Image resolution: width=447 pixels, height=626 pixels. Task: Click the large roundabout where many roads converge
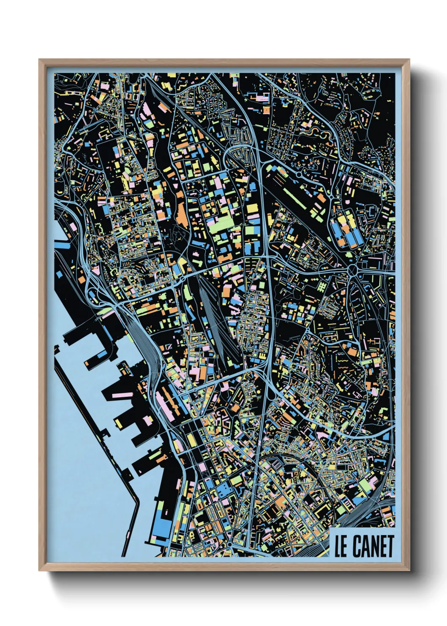tap(353, 269)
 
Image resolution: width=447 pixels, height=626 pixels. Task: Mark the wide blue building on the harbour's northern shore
tap(63, 244)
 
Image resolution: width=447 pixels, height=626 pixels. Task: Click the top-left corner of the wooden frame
tap(39, 60)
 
